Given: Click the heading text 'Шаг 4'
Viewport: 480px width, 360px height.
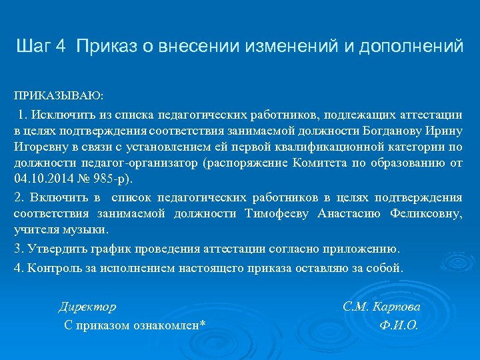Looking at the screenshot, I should click(x=41, y=46).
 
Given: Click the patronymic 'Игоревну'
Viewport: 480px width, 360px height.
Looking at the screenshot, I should click(x=37, y=147).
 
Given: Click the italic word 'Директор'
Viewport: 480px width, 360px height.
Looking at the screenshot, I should click(x=87, y=307).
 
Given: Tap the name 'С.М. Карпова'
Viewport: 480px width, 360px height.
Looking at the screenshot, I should click(x=381, y=307).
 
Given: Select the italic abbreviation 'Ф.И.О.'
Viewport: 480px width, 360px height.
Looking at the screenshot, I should click(x=398, y=325).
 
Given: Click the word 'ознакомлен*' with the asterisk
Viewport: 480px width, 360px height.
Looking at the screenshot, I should click(x=170, y=325).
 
